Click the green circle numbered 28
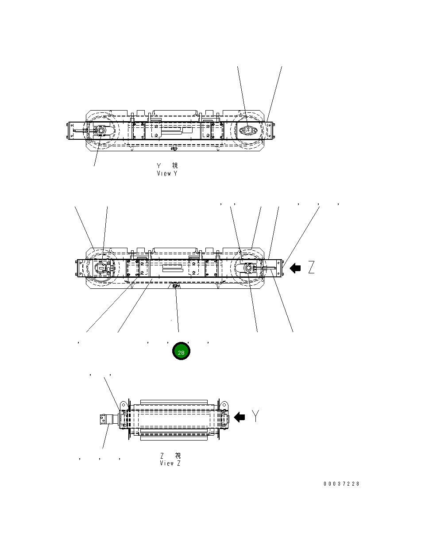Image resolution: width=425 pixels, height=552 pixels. coord(181,351)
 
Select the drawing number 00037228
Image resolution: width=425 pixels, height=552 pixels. coord(341,484)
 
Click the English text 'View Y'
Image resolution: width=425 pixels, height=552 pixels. coord(167,173)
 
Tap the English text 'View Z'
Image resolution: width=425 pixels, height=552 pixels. coord(170,463)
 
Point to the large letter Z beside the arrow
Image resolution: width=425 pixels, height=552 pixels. coord(311,268)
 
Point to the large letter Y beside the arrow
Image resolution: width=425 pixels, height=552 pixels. coord(256,416)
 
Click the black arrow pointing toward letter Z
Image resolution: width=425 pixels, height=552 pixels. coord(295,268)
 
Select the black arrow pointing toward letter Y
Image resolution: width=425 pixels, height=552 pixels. coord(240,417)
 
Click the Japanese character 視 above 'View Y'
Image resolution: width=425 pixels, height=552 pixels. coord(175,165)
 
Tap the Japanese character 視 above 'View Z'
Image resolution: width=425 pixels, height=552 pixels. coord(178,455)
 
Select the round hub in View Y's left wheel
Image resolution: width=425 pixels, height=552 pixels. coord(101,131)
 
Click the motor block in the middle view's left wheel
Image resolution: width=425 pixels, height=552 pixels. coord(103,268)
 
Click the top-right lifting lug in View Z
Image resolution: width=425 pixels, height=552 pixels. coord(224,405)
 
